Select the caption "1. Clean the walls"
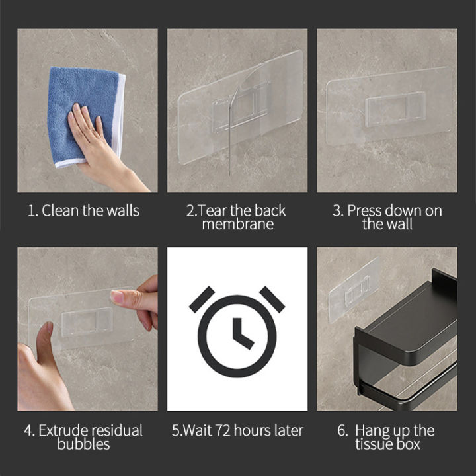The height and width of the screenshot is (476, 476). point(83,211)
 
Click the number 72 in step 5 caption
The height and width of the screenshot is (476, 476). point(223,431)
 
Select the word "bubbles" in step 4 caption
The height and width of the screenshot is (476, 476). point(83,444)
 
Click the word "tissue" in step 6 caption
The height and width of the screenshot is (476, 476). point(374,444)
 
